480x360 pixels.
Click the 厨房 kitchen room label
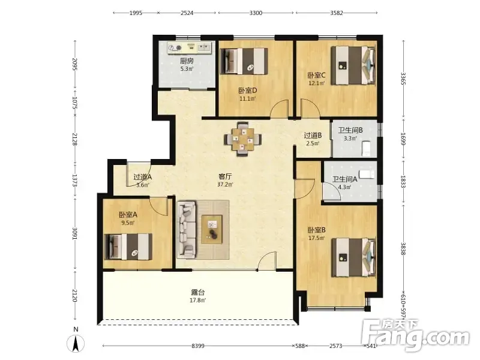187,61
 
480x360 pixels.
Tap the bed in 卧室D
244,61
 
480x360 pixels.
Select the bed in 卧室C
353,65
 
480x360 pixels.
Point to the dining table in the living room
243,139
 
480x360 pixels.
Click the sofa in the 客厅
187,228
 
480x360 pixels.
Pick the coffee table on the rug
212,229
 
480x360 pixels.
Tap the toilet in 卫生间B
365,148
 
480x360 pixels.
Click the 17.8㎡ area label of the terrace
197,301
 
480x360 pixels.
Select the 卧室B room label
317,230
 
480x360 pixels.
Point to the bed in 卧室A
128,247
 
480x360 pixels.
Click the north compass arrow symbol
76,343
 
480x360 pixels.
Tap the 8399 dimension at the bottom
198,346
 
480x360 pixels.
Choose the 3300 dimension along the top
256,13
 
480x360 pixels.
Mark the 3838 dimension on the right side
403,248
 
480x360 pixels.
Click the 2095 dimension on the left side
74,64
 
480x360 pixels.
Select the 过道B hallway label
313,135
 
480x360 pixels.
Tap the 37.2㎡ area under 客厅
225,184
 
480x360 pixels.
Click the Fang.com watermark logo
415,335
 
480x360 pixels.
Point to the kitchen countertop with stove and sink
189,48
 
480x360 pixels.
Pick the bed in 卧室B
353,257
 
